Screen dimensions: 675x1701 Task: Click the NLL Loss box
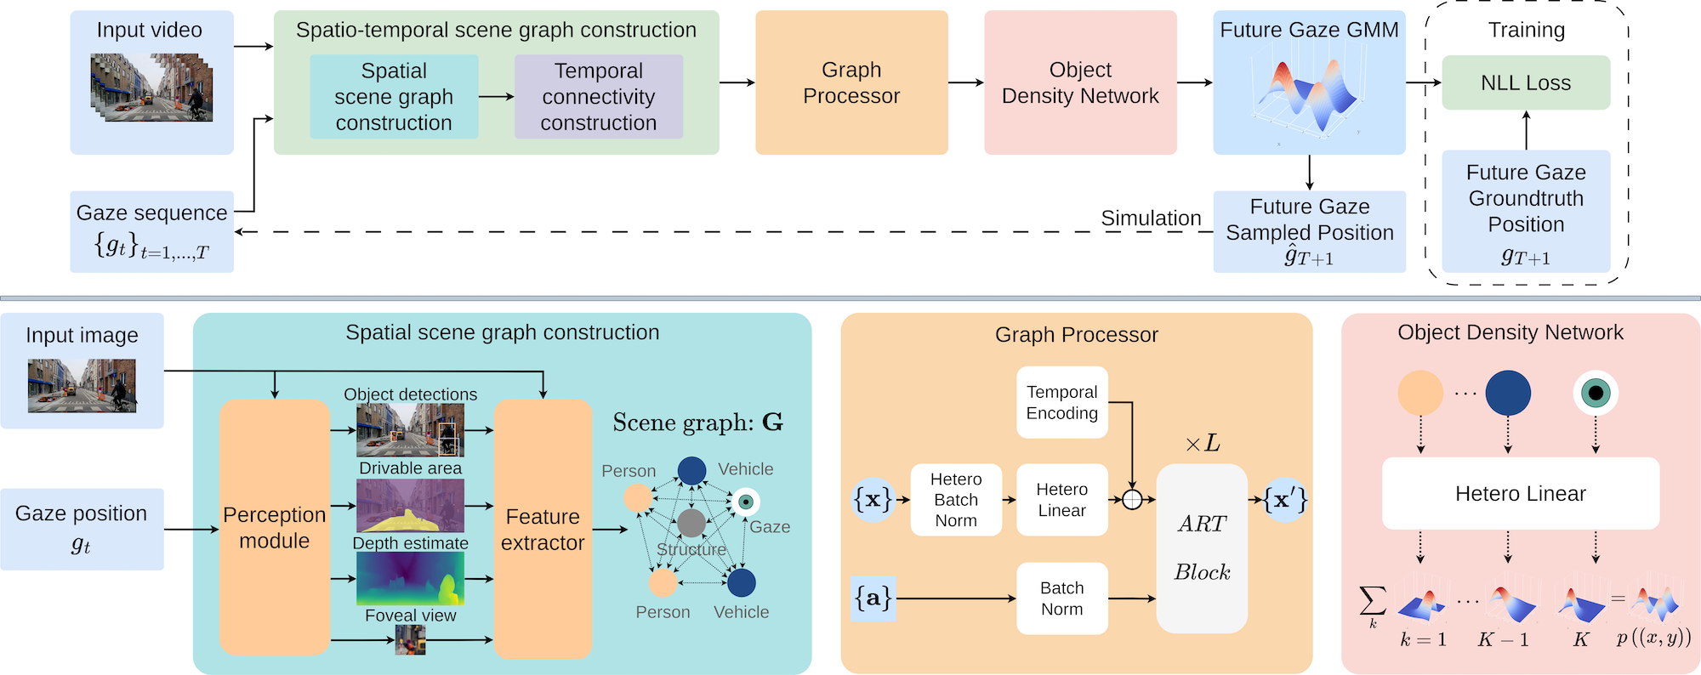pos(1526,82)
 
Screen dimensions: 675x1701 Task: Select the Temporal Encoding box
pos(1062,402)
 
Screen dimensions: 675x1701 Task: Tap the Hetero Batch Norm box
pos(956,500)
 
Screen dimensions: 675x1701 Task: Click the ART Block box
pos(1202,547)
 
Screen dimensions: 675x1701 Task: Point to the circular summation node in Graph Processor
pos(1132,500)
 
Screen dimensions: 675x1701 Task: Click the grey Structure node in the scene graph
pos(691,522)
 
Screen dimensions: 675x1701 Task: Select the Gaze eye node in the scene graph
pos(746,502)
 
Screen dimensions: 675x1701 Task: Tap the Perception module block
pos(274,527)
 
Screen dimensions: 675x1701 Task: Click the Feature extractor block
pos(543,529)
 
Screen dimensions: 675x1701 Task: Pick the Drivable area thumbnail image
pos(410,506)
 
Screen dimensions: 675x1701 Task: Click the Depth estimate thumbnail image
pos(410,579)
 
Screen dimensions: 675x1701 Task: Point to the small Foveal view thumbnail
pos(410,640)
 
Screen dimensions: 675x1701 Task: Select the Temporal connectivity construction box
pos(599,97)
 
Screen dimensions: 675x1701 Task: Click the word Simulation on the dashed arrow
pos(1151,218)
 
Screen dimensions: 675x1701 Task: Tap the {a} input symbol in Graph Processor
pos(873,598)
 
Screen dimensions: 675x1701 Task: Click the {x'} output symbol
pos(1285,500)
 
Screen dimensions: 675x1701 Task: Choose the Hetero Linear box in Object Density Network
pos(1521,494)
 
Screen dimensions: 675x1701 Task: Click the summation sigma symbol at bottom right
pos(1372,603)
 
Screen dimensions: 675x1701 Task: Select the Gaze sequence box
pos(151,231)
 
